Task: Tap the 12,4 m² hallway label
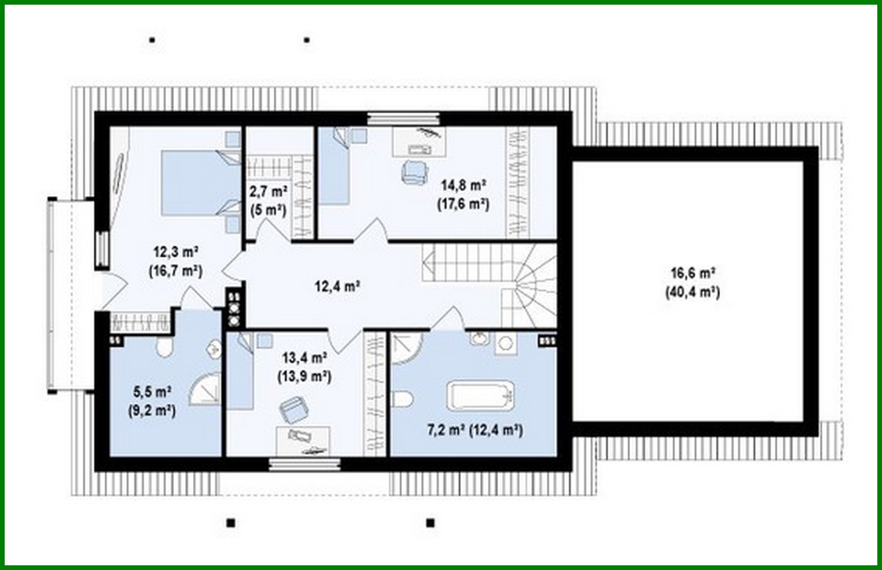pos(338,286)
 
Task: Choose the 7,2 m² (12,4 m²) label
pos(475,430)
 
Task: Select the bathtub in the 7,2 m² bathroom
pos(481,396)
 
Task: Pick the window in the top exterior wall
pos(404,118)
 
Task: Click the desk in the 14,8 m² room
pos(419,141)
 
